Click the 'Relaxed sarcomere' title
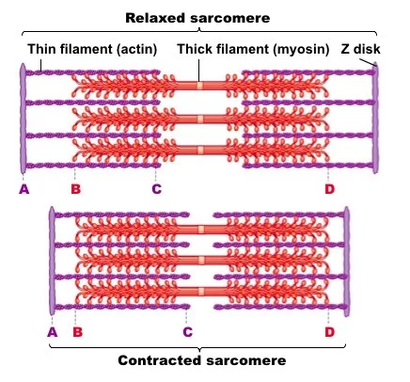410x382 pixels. click(197, 18)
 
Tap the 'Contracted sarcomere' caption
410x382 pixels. click(202, 360)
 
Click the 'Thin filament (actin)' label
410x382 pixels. click(92, 49)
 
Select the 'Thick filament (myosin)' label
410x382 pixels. click(253, 49)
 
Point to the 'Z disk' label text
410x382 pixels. click(360, 49)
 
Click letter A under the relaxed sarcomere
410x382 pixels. click(24, 189)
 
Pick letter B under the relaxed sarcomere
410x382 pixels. click(75, 189)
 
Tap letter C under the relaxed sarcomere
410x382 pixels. click(156, 189)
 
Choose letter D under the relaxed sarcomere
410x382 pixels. click(329, 189)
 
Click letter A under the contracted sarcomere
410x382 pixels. click(53, 332)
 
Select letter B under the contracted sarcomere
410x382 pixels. click(77, 332)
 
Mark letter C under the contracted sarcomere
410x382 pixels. click(187, 332)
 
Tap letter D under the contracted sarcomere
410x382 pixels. click(329, 332)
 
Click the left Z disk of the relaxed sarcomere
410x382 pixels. click(23, 119)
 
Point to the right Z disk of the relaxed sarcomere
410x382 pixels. click(375, 118)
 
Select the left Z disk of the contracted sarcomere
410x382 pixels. click(52, 261)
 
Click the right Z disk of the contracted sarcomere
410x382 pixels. click(347, 262)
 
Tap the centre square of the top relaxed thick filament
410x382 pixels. click(200, 86)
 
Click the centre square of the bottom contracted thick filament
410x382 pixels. click(201, 292)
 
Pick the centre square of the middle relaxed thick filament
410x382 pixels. click(200, 119)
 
